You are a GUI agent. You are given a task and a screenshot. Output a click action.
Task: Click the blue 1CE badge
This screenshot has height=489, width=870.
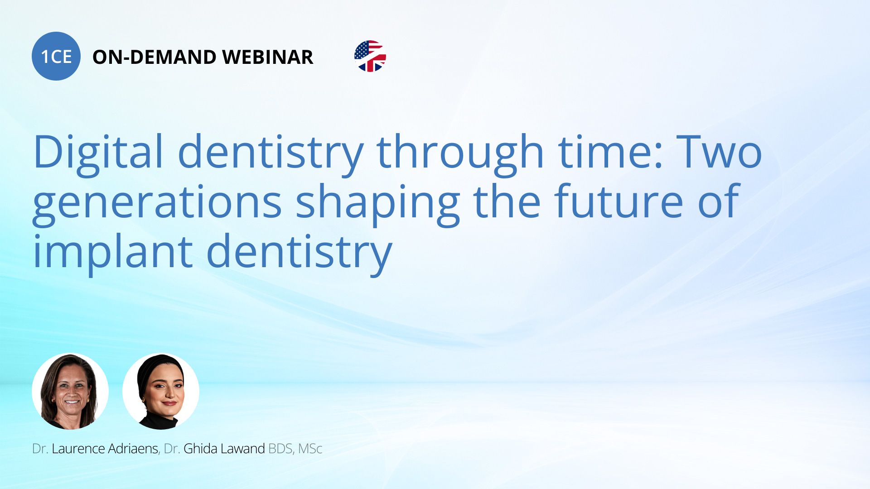pyautogui.click(x=56, y=56)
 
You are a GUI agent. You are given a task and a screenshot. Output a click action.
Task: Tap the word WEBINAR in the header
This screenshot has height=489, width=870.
pyautogui.click(x=268, y=57)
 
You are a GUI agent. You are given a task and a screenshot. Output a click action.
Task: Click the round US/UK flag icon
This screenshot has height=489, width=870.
pyautogui.click(x=370, y=56)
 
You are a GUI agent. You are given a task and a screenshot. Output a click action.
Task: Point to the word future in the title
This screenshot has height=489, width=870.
pyautogui.click(x=619, y=201)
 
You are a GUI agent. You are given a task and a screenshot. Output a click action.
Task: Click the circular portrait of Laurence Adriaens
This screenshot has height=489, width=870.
pyautogui.click(x=70, y=391)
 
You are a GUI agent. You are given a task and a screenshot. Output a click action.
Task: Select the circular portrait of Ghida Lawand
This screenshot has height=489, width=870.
pyautogui.click(x=161, y=391)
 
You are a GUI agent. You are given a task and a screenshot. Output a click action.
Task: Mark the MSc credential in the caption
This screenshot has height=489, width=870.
pyautogui.click(x=310, y=449)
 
